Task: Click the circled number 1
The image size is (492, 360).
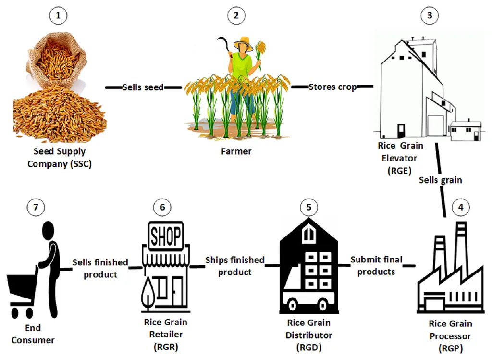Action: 59,15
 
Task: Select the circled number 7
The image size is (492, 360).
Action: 35,208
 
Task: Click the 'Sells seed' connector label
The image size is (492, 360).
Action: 143,87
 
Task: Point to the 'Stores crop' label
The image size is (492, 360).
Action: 332,87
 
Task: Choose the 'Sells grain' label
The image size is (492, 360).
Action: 440,180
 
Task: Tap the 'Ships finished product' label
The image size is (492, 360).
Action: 234,266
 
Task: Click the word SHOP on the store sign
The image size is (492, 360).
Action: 166,236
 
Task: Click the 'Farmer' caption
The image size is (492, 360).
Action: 236,152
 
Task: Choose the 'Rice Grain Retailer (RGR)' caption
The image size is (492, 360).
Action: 165,334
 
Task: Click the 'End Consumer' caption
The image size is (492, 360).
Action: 34,334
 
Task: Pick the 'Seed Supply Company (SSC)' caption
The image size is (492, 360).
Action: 59,158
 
